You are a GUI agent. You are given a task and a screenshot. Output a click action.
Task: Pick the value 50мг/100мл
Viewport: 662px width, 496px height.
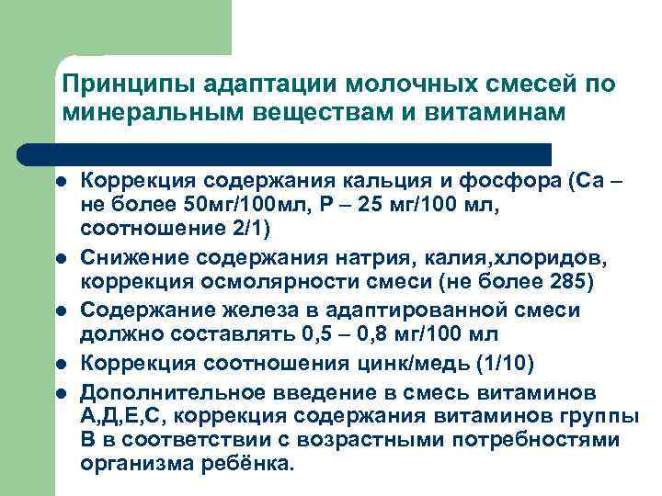(x=234, y=202)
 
